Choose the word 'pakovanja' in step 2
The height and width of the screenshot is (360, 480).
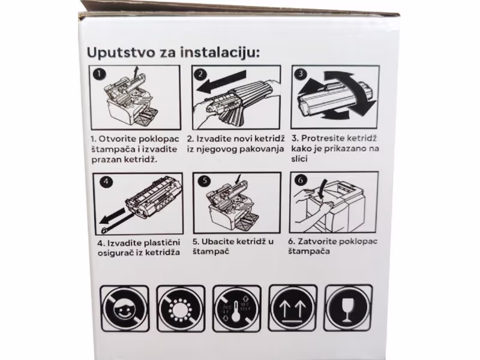click(259, 149)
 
